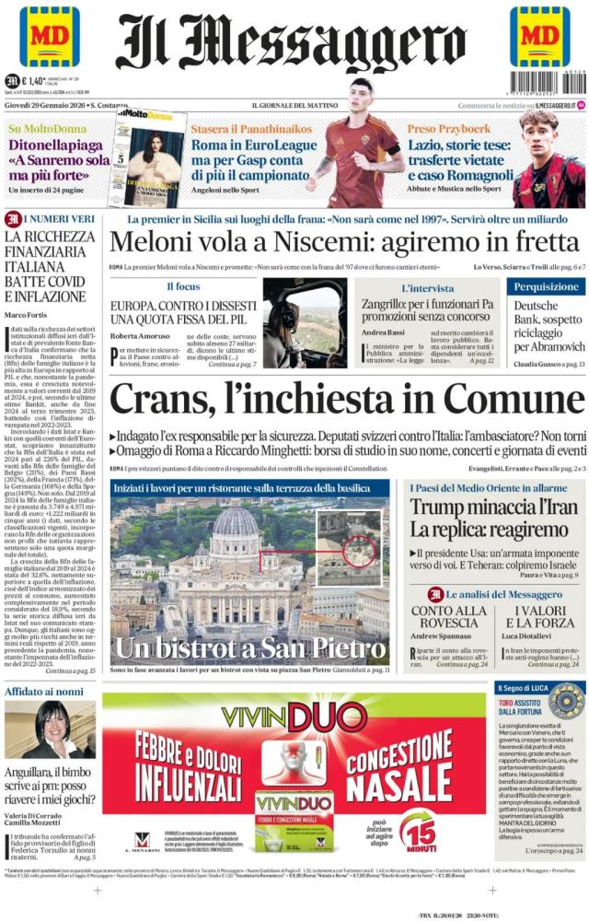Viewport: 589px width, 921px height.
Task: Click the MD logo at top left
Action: click(49, 37)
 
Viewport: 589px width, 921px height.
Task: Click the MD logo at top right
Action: click(540, 37)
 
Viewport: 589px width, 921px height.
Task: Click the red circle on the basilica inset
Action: click(354, 549)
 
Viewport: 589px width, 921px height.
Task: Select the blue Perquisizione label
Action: click(546, 287)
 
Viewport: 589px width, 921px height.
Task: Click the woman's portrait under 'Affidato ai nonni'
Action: click(52, 729)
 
